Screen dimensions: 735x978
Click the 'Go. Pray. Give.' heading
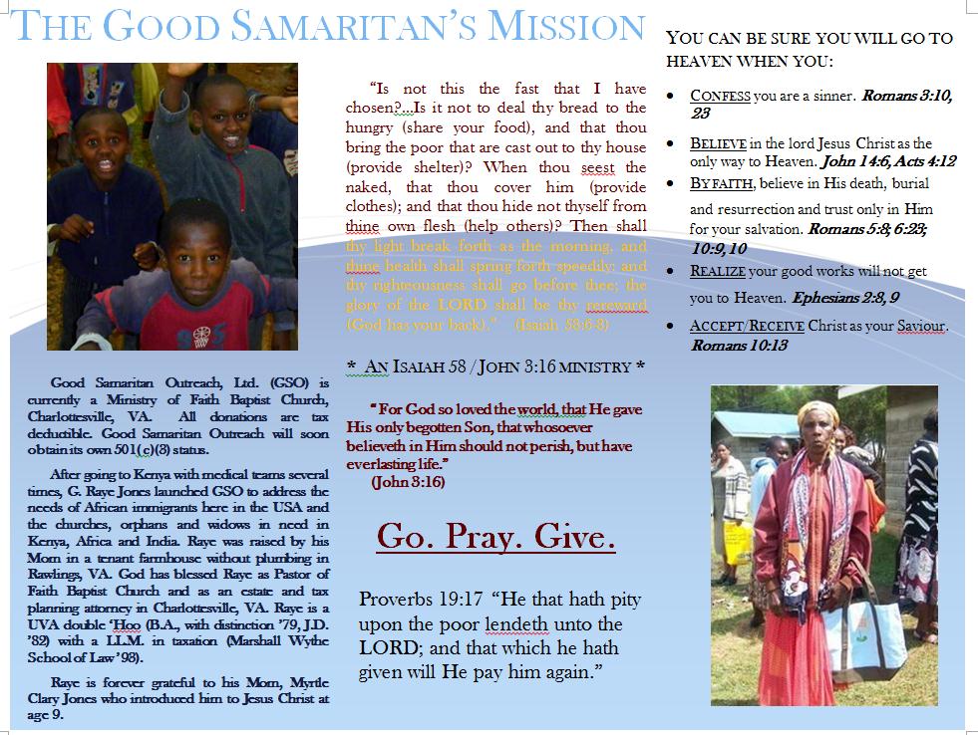(x=495, y=537)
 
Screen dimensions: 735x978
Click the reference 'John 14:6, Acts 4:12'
(x=872, y=160)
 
